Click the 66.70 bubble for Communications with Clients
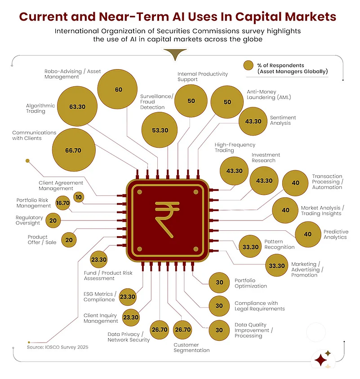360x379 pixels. (74, 150)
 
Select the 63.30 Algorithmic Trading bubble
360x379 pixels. (77, 106)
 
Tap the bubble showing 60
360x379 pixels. (118, 89)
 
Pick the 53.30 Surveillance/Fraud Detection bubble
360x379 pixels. (160, 130)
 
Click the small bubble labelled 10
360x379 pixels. (78, 197)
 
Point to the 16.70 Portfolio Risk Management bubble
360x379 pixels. (63, 203)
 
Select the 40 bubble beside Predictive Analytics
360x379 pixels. (308, 234)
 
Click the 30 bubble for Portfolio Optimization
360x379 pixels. (219, 282)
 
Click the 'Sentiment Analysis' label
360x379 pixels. (283, 120)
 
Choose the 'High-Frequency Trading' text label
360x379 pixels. (235, 147)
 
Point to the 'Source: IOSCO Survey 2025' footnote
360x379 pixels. (58, 347)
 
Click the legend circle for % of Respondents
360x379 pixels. (248, 65)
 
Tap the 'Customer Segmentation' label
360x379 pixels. (191, 348)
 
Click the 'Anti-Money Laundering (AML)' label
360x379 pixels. (269, 94)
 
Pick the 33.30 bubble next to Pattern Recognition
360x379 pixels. (250, 247)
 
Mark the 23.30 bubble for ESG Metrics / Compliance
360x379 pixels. (128, 296)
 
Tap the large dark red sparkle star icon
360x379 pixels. (321, 360)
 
